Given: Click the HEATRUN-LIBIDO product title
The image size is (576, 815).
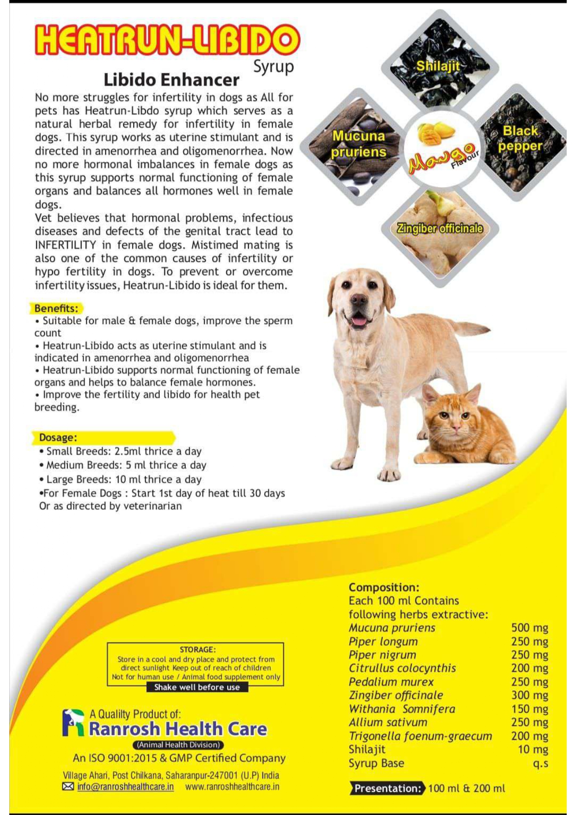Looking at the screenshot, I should (x=167, y=40).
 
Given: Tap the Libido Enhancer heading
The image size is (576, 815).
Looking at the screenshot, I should (x=171, y=80).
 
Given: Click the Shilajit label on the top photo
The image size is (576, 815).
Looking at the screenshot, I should (x=438, y=66).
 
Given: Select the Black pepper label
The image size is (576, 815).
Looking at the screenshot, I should (x=520, y=138).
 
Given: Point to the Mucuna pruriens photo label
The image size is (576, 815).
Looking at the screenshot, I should (x=359, y=144).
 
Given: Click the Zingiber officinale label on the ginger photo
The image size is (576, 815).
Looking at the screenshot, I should (x=439, y=228).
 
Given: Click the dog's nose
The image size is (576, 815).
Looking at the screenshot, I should (x=358, y=300).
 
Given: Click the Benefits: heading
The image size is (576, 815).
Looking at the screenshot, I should (x=56, y=308).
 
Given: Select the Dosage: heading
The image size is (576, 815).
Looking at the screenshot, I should (x=58, y=437).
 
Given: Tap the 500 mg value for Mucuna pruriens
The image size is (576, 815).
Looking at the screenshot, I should (x=530, y=628).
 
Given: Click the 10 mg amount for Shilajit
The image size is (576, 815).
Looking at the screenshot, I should (x=533, y=750).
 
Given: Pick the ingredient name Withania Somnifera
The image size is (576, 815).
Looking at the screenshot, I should (x=402, y=709).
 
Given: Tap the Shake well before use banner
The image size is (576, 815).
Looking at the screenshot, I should (x=197, y=687).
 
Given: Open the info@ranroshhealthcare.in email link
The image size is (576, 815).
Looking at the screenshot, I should (x=125, y=787).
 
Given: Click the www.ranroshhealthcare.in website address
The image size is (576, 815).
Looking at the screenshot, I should (x=232, y=787).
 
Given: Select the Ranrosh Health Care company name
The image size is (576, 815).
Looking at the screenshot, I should (x=178, y=729).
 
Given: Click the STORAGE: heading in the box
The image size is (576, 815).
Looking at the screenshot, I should (x=197, y=650).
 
